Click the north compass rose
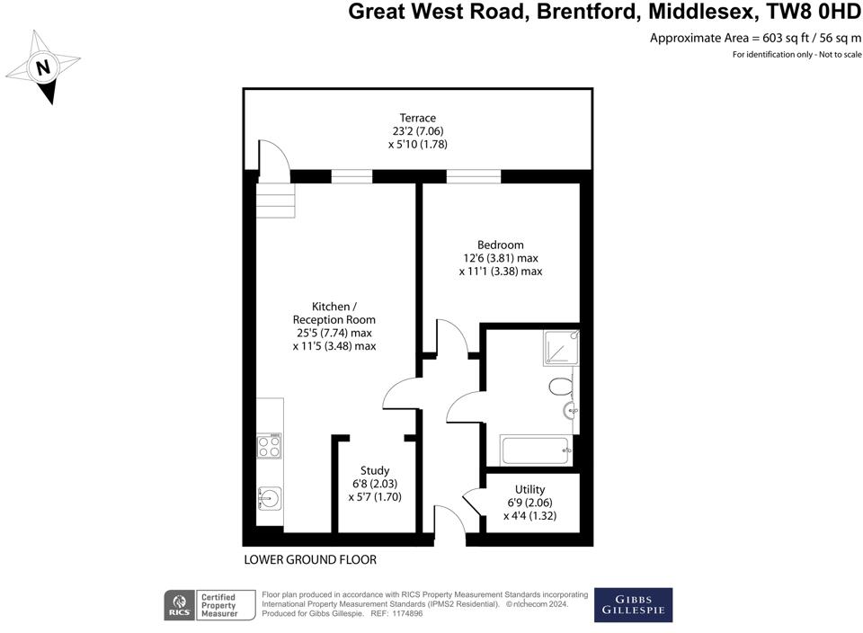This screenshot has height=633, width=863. click(x=43, y=67)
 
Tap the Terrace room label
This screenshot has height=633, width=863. click(x=418, y=118)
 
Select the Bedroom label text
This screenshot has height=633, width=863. click(x=500, y=245)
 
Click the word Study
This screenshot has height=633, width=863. click(x=375, y=470)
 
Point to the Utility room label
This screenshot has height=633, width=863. click(x=530, y=490)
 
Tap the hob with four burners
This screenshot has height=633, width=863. click(x=270, y=446)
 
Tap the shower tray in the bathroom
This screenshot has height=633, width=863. click(x=561, y=348)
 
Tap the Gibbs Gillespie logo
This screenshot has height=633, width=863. click(x=633, y=605)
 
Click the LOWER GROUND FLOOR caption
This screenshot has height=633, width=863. click(x=310, y=560)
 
